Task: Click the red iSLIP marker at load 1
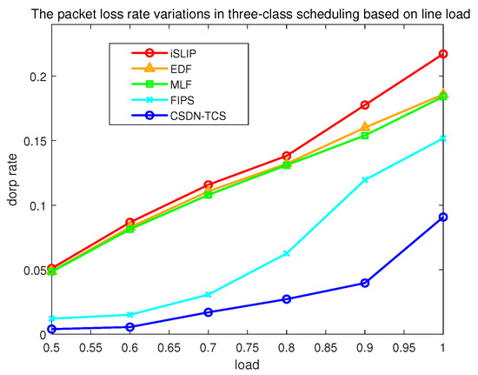tap(443, 54)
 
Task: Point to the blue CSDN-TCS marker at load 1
tap(443, 217)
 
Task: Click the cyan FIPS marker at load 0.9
tap(365, 179)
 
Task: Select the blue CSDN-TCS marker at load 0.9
tap(365, 283)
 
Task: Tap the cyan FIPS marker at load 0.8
tap(286, 253)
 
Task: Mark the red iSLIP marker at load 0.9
tap(365, 104)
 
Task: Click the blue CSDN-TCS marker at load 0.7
tap(208, 312)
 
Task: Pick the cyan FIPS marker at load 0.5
tap(51, 318)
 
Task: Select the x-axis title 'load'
tap(247, 366)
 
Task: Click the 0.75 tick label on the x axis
tap(247, 347)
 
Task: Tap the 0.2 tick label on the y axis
tap(35, 77)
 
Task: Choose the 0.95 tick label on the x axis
tap(404, 347)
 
